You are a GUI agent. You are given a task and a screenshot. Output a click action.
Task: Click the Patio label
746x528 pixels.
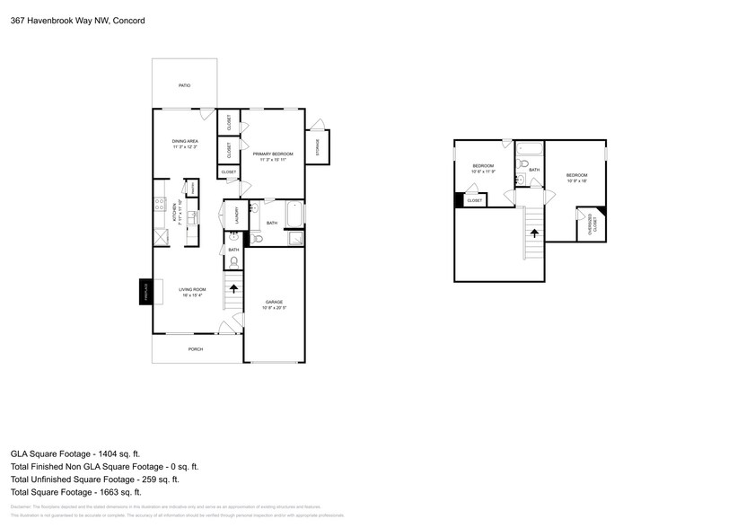[x=184, y=85]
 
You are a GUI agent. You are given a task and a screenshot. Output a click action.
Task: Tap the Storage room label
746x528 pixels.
[x=317, y=148]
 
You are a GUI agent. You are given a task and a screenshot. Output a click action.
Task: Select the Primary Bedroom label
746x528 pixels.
[x=273, y=154]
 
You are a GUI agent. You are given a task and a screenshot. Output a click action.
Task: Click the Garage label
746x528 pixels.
[x=274, y=302]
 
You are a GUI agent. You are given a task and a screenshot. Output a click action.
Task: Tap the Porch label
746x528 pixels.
[x=195, y=349]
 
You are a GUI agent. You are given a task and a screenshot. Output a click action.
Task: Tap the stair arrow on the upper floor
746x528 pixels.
[x=534, y=232]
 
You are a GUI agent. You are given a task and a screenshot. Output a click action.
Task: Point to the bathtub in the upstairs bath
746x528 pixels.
[x=530, y=150]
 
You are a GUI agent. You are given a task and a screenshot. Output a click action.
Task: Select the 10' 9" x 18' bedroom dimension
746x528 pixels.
[x=576, y=180]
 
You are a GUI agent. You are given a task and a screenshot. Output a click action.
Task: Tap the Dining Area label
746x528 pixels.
[x=185, y=142]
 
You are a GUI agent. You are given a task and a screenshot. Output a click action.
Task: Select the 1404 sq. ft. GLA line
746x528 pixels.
[x=75, y=454]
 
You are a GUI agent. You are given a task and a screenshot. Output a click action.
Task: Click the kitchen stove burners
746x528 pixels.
[x=159, y=207]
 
